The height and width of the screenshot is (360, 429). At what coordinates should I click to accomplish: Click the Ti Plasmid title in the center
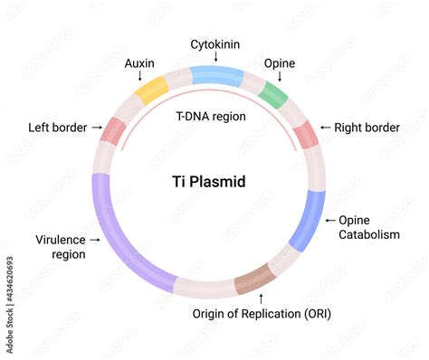coord(208,182)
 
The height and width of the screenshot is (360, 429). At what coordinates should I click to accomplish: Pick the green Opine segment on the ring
coord(272,94)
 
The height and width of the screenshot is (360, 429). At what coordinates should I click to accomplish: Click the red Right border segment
coord(306,133)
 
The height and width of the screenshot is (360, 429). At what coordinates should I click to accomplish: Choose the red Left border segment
coord(112,130)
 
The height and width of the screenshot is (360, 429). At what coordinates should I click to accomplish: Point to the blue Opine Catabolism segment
coord(310,220)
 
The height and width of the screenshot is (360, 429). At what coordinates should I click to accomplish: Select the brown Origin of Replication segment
coord(254,279)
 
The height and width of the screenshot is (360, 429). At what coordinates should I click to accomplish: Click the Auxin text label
coord(139,64)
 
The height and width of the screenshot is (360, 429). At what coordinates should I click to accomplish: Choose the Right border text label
coord(367,128)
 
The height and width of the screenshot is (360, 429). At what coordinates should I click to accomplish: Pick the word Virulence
coord(61,240)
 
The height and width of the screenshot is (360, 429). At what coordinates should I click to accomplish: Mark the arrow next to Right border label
coord(325,128)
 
